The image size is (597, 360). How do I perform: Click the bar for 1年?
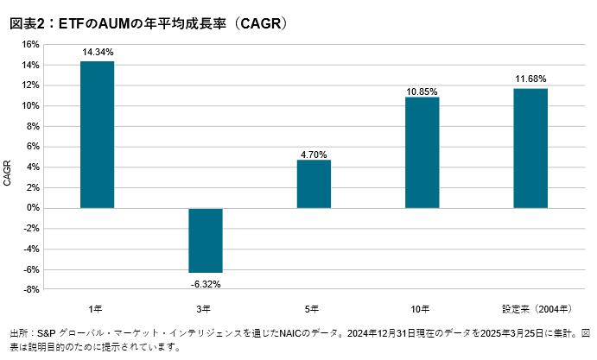coord(98,135)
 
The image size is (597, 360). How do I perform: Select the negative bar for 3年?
coord(206,240)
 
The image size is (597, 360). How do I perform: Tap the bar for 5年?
coord(314,184)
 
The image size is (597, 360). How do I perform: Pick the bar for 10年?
coord(422,153)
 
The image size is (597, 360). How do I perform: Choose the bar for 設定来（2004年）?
coord(530,148)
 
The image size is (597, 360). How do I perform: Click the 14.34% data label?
coord(98,53)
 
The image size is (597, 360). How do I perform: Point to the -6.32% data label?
coord(206,282)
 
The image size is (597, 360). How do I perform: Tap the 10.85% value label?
coord(422,91)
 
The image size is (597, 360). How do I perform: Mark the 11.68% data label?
coord(530,79)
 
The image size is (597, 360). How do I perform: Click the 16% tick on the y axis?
coord(31,44)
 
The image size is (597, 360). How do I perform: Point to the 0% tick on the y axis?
coord(34,208)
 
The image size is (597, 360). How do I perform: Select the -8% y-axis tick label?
coord(31,290)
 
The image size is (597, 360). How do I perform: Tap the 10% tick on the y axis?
coord(31,105)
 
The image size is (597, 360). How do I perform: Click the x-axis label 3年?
coord(206,308)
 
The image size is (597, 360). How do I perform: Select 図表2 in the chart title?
coord(27,24)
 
